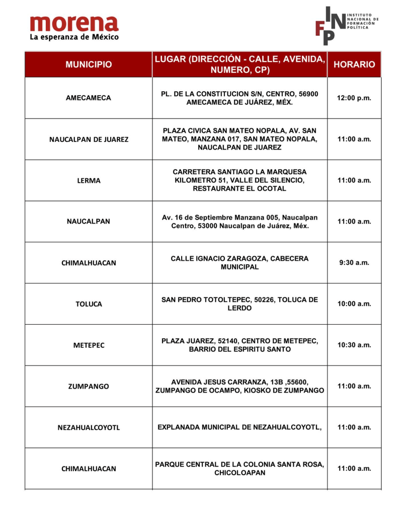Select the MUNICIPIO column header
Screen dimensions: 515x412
pyautogui.click(x=89, y=64)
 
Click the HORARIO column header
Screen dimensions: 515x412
pyautogui.click(x=354, y=64)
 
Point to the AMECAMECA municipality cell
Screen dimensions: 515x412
pyautogui.click(x=89, y=98)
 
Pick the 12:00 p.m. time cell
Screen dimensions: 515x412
pyautogui.click(x=354, y=98)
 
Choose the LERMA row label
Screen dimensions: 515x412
pyautogui.click(x=89, y=180)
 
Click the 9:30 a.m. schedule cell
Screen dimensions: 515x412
pyautogui.click(x=354, y=262)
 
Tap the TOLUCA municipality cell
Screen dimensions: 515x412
pyautogui.click(x=89, y=304)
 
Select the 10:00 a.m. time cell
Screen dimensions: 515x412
pyautogui.click(x=354, y=304)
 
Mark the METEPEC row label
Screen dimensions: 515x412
pyautogui.click(x=89, y=345)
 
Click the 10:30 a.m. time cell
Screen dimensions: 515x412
pyautogui.click(x=354, y=345)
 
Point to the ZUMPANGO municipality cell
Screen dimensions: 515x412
pyautogui.click(x=89, y=387)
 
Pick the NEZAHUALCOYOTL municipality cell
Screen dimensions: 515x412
pyautogui.click(x=89, y=428)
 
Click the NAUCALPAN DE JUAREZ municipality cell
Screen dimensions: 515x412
pyautogui.click(x=89, y=139)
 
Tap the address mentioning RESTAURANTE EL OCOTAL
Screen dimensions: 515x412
pyautogui.click(x=239, y=180)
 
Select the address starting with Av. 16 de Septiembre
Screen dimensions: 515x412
pyautogui.click(x=239, y=222)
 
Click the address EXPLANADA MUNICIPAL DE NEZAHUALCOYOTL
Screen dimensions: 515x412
pyautogui.click(x=239, y=427)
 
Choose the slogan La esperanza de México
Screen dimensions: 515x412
pyautogui.click(x=74, y=37)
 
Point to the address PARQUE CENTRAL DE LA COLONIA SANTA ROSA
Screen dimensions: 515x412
pyautogui.click(x=239, y=468)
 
